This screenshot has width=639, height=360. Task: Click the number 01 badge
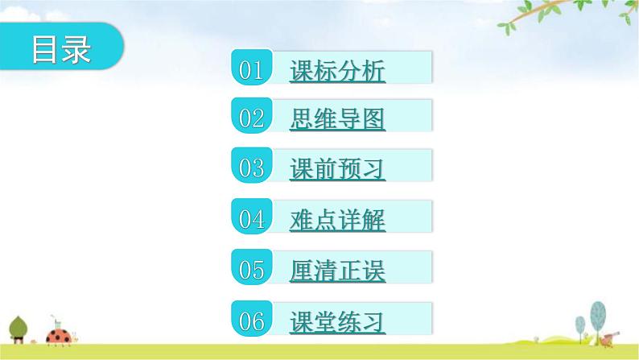click(252, 70)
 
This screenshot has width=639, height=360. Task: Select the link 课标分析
click(337, 72)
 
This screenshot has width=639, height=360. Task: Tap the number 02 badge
click(252, 118)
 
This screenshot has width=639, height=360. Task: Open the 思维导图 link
click(337, 121)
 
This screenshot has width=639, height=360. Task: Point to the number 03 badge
click(252, 168)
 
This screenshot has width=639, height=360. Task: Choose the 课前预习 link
click(337, 170)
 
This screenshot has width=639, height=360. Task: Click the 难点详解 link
click(337, 221)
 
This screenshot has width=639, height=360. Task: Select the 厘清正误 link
click(337, 271)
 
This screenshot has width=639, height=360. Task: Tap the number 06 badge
click(252, 321)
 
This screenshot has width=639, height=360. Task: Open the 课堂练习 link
click(337, 322)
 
